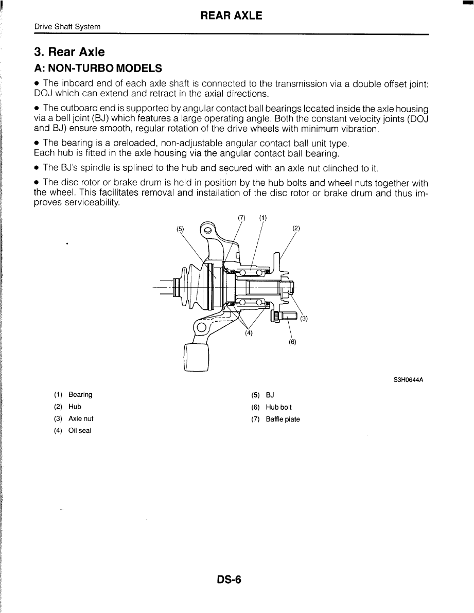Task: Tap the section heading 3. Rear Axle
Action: coord(69,52)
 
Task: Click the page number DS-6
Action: coord(229,581)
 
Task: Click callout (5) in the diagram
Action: coord(180,229)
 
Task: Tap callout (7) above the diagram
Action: coord(242,217)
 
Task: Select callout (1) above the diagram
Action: coord(263,217)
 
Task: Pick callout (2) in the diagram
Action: coord(296,228)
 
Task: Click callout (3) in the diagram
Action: coord(304,318)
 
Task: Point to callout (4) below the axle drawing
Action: coord(249,332)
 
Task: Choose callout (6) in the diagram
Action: coord(292,341)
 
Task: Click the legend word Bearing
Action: coord(80,395)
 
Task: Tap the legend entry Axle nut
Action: coord(81,419)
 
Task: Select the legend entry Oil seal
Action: coord(80,431)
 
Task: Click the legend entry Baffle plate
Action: coord(283,419)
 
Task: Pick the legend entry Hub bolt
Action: coord(278,407)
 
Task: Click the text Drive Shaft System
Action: coord(67,27)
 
